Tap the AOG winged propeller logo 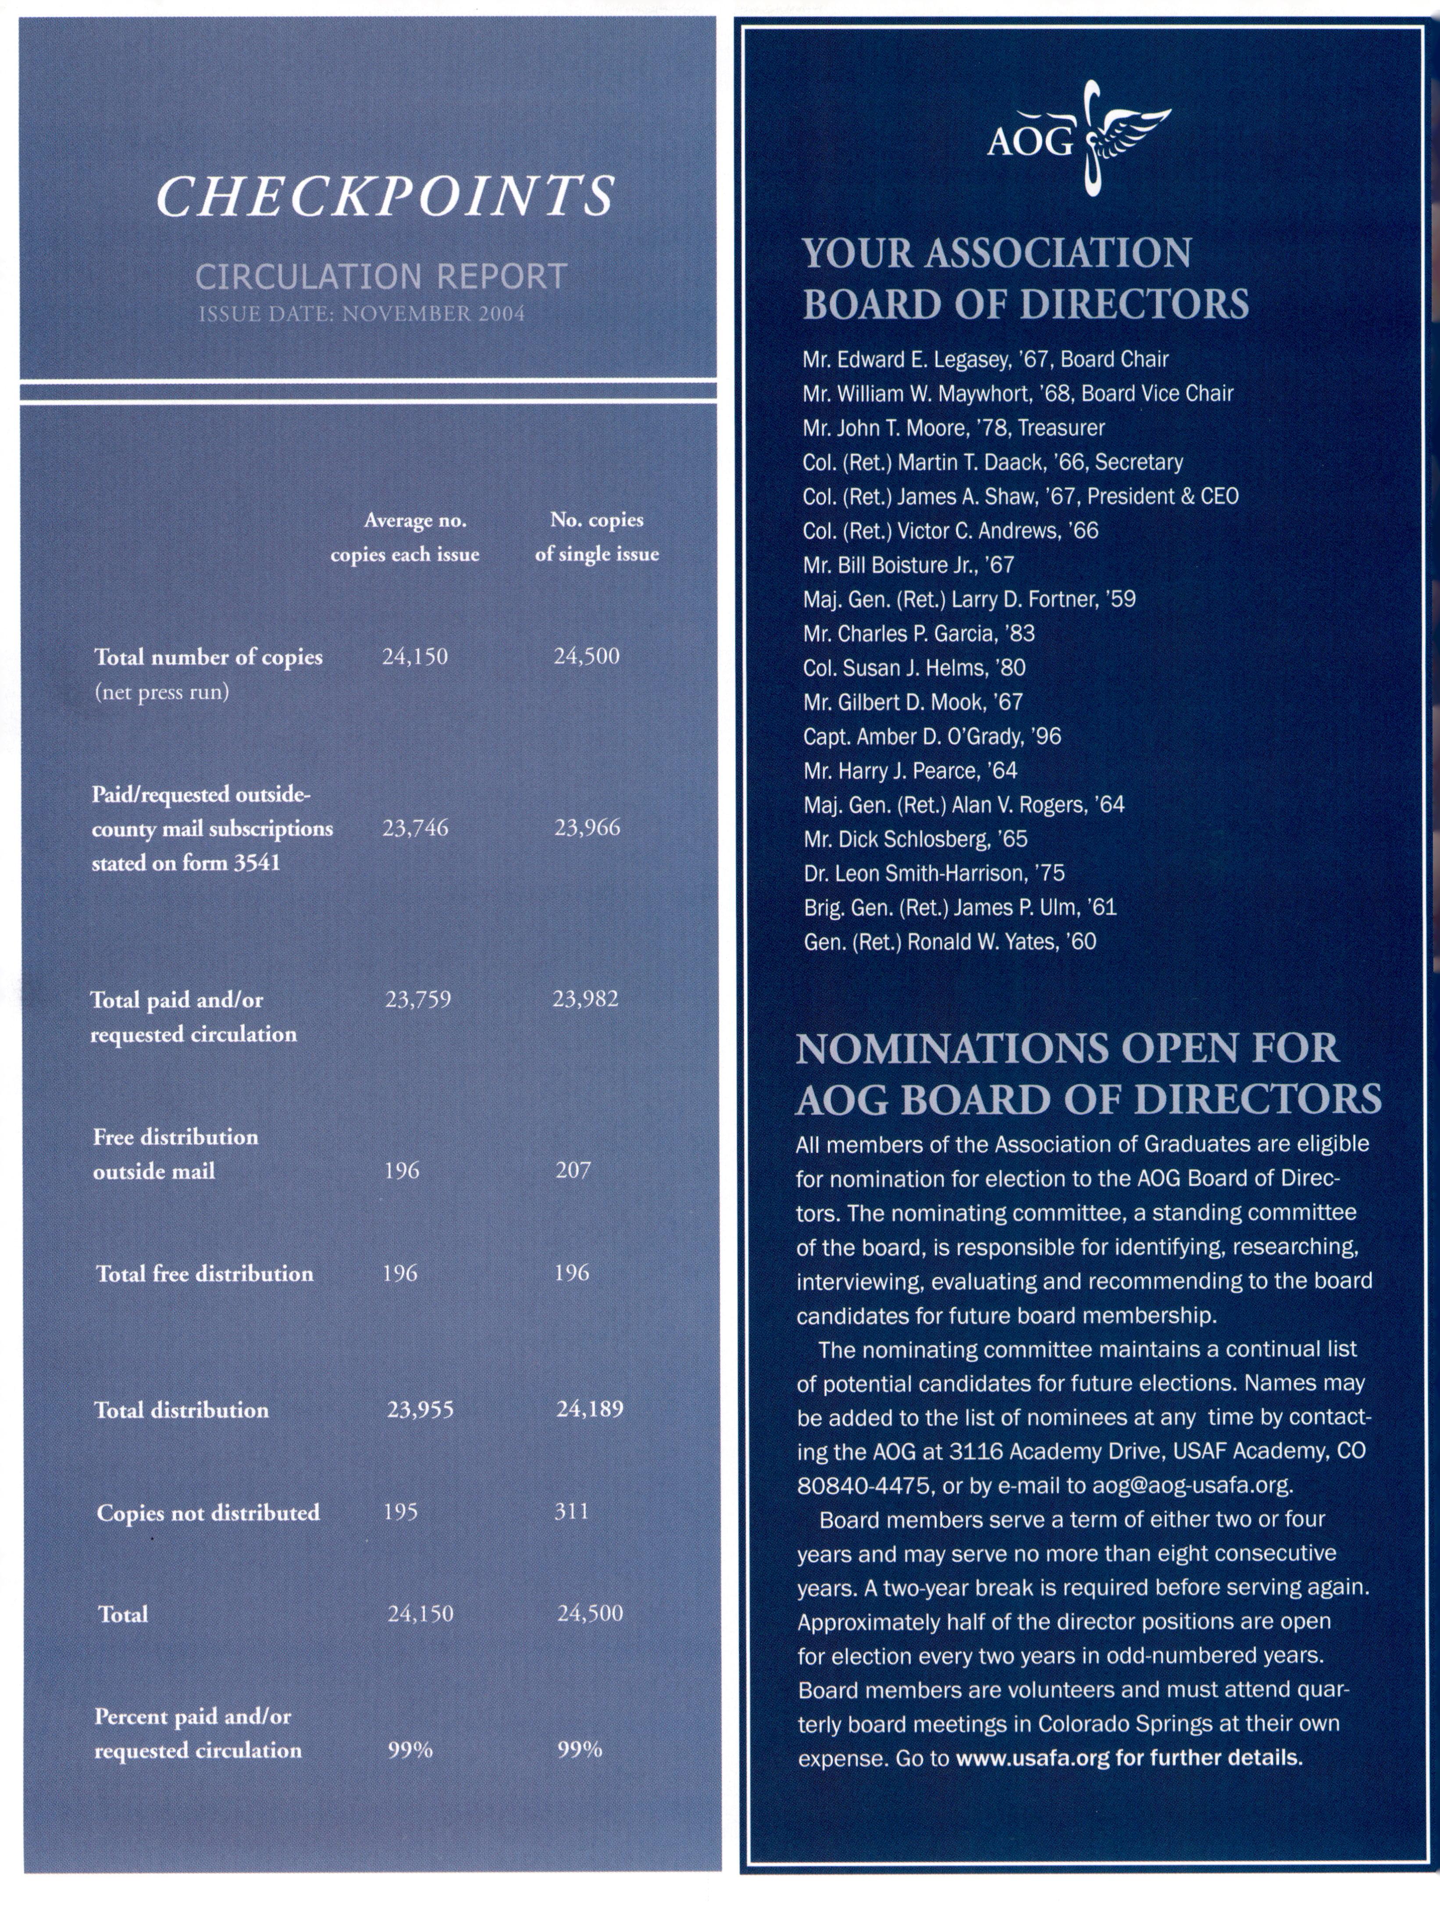tap(1080, 138)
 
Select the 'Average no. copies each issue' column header tap(405, 537)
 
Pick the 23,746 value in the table tap(416, 828)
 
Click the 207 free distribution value tap(574, 1171)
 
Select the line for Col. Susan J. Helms tap(914, 668)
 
